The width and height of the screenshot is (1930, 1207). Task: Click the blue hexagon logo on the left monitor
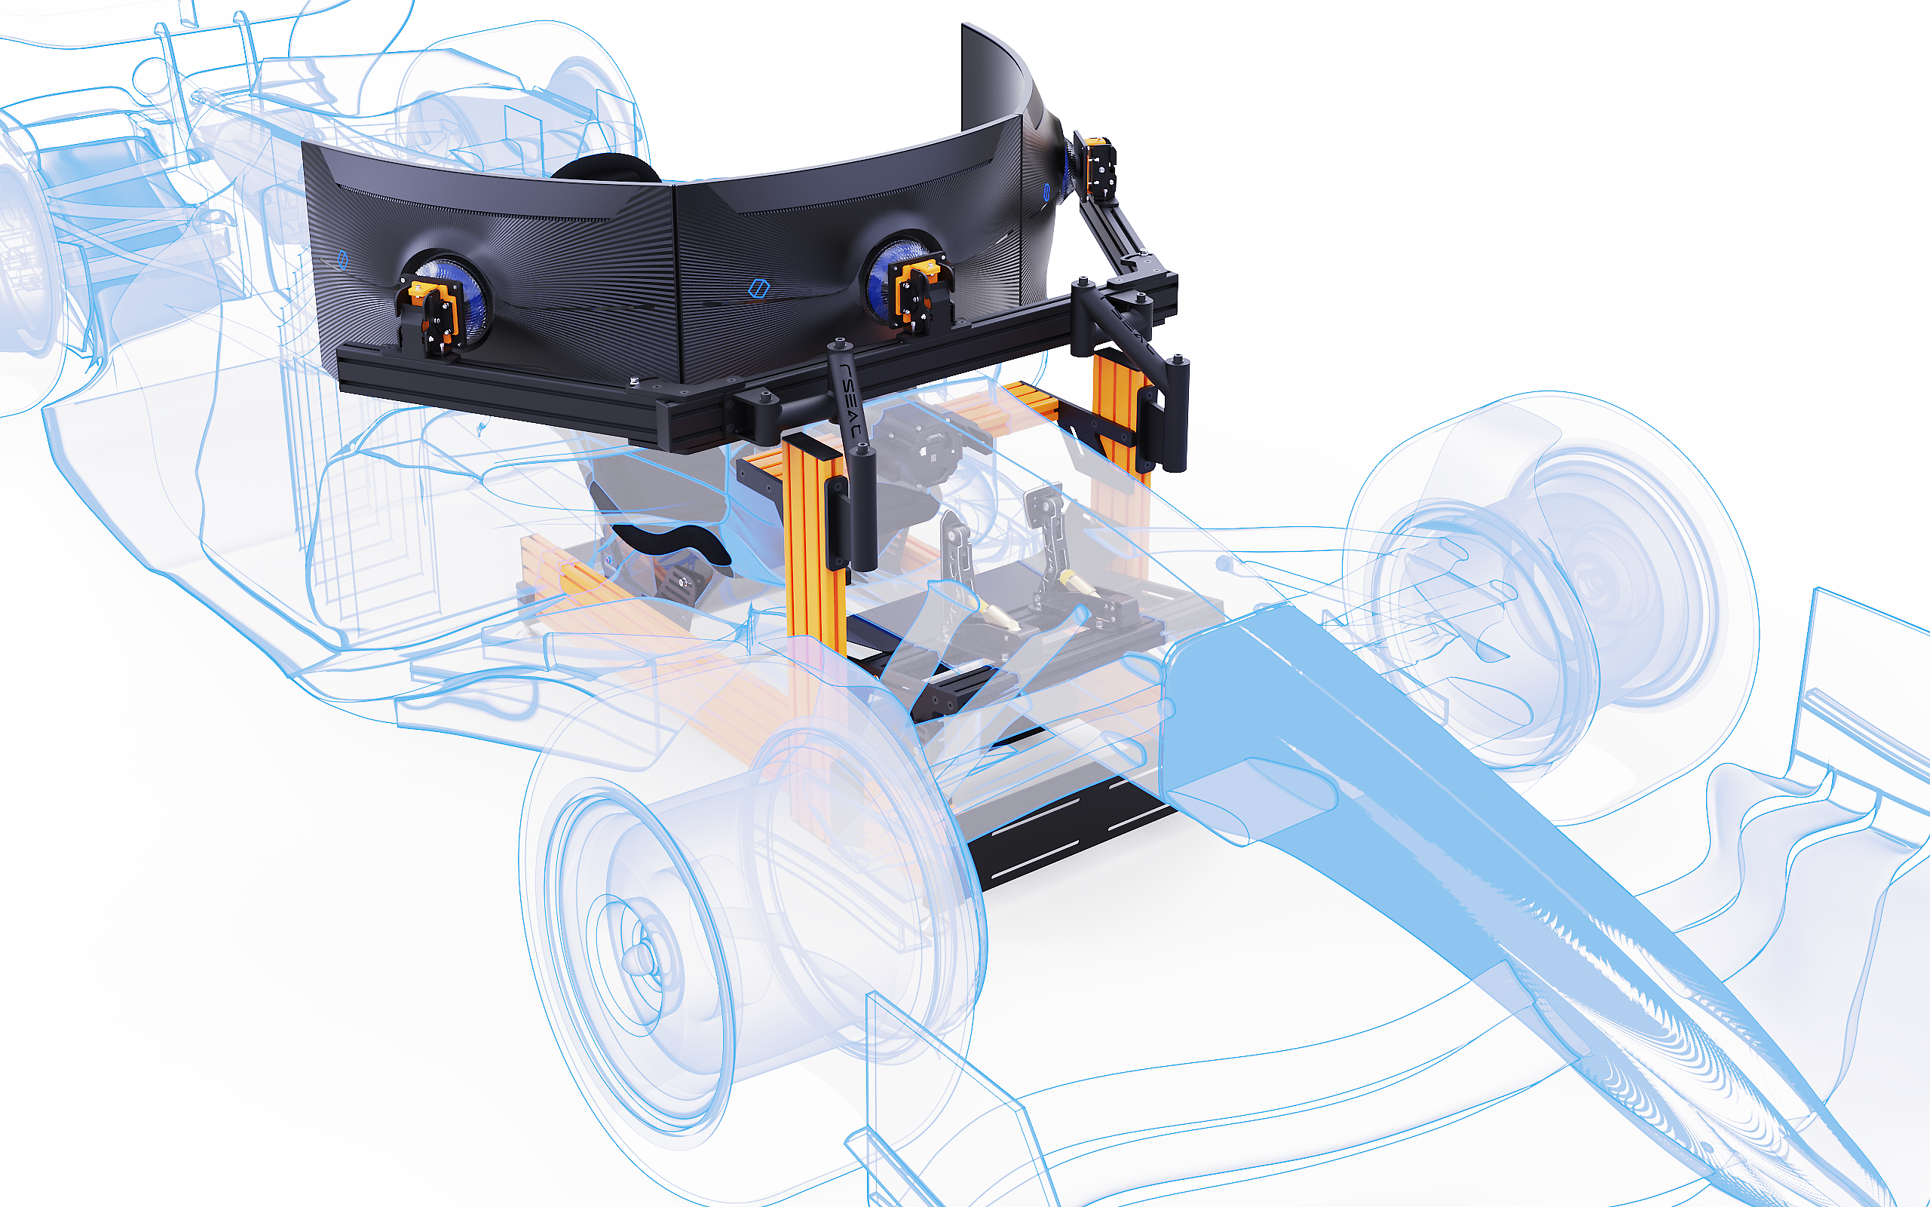342,259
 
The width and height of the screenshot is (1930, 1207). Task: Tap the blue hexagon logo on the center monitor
759,288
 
